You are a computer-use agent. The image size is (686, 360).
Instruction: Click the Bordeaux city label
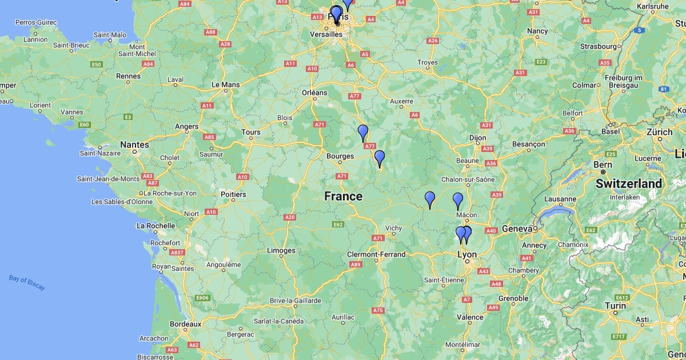(x=185, y=324)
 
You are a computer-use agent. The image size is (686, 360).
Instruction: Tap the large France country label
(x=343, y=197)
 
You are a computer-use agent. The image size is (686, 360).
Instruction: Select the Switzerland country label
(x=629, y=184)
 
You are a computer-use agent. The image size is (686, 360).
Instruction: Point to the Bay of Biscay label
(x=27, y=282)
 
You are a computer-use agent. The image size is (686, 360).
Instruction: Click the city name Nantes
(x=134, y=145)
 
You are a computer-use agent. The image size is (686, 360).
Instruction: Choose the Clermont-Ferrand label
(x=376, y=254)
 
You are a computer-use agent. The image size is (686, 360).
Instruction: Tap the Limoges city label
(x=281, y=250)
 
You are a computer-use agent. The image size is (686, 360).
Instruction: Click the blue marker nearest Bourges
(x=379, y=158)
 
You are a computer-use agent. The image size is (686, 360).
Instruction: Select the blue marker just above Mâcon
(x=458, y=201)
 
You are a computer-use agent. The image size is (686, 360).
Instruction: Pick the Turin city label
(x=616, y=306)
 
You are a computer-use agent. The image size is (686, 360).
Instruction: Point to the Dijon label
(x=478, y=138)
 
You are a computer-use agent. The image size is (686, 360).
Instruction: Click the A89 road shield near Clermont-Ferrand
(x=356, y=264)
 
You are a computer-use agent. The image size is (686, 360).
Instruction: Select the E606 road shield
(x=202, y=298)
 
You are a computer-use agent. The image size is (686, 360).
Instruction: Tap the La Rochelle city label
(x=155, y=226)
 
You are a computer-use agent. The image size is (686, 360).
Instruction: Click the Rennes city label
(x=128, y=76)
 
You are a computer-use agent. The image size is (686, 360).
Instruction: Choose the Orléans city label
(x=314, y=93)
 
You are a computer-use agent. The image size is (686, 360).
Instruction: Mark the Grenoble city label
(x=513, y=298)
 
